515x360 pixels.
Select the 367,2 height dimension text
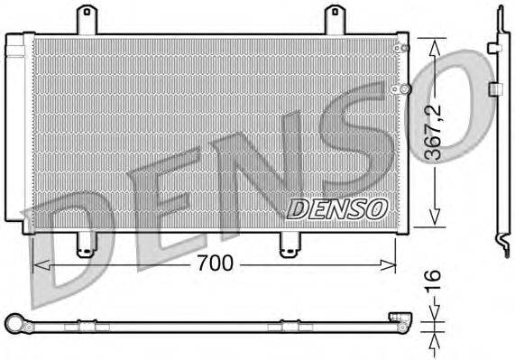click(x=435, y=132)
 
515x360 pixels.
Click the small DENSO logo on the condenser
click(x=336, y=208)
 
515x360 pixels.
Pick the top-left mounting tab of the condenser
click(x=87, y=21)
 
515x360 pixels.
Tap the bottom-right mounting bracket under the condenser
click(x=290, y=245)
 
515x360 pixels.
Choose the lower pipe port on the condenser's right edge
click(x=405, y=88)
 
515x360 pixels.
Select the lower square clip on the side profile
click(x=495, y=88)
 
